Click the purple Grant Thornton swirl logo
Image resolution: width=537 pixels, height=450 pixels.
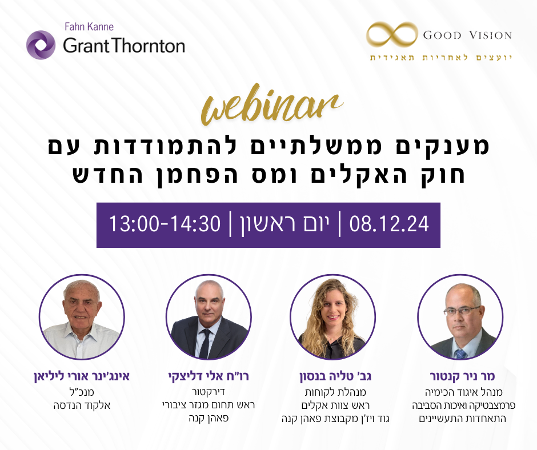(x=41, y=45)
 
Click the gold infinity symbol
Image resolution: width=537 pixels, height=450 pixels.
(x=391, y=35)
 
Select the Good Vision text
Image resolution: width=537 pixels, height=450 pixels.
(x=467, y=35)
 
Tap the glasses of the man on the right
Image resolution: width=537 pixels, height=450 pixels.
(x=461, y=311)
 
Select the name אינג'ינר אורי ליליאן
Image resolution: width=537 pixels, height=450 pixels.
(x=81, y=377)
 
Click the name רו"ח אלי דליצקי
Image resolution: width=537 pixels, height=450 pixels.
(x=209, y=377)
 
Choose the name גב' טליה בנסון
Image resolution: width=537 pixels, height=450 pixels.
(x=333, y=377)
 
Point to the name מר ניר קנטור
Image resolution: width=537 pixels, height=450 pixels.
(x=462, y=377)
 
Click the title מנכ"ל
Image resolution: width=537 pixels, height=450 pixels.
(x=81, y=393)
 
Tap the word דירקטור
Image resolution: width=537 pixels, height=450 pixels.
(x=209, y=393)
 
